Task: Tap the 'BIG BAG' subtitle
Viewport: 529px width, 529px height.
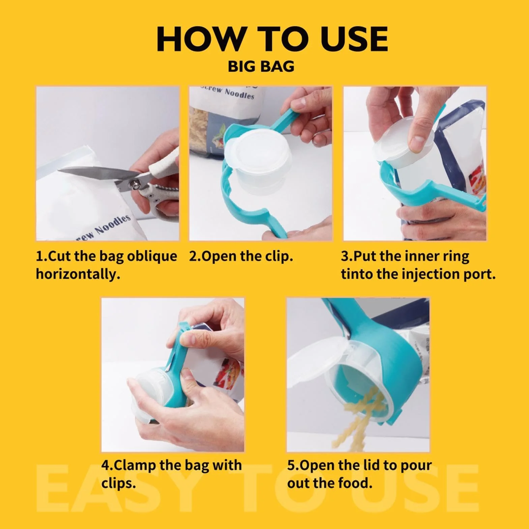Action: coord(261,66)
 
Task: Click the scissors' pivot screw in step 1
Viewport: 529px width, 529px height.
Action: coord(136,184)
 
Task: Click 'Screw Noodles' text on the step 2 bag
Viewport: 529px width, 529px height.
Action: coord(228,91)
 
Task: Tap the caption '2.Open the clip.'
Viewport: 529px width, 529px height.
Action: coord(241,257)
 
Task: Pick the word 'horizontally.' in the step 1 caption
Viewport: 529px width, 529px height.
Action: coord(78,274)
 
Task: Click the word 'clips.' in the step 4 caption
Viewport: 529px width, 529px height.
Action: coord(118,483)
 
